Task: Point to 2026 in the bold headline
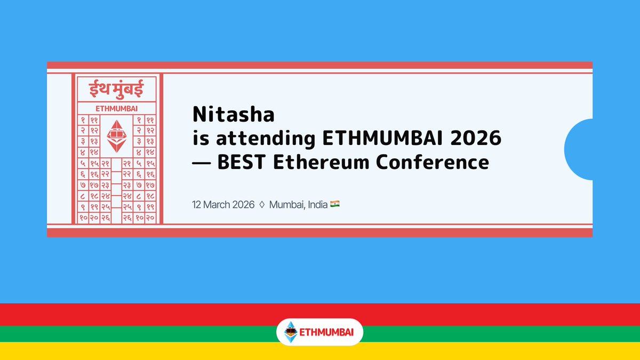(x=476, y=139)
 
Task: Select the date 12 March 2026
(x=224, y=204)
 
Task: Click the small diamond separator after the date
(x=262, y=204)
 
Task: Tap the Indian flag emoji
(x=335, y=204)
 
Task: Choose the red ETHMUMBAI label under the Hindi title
(x=117, y=108)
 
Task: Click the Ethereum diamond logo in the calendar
(x=117, y=135)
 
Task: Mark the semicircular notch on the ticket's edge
(x=579, y=149)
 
